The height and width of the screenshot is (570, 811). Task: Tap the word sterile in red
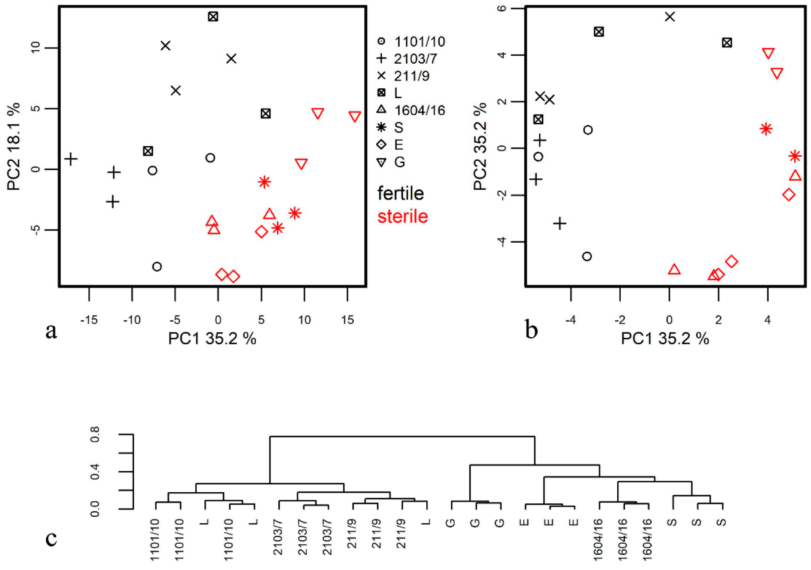402,216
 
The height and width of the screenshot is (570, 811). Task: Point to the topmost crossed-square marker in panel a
213,17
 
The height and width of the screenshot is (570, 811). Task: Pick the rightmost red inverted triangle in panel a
355,117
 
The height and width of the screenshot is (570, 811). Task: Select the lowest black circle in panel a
157,266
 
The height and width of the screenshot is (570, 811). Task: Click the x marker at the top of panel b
670,17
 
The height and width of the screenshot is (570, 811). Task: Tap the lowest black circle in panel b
587,257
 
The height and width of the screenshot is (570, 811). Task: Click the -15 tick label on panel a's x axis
89,320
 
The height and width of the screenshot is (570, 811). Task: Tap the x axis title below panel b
664,339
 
